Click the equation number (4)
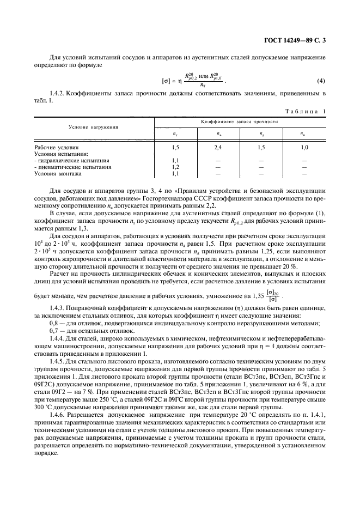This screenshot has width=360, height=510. (x=321, y=82)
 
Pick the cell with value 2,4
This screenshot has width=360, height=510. (x=218, y=148)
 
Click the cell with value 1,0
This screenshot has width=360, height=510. (x=304, y=148)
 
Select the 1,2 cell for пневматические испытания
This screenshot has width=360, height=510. (x=175, y=167)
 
